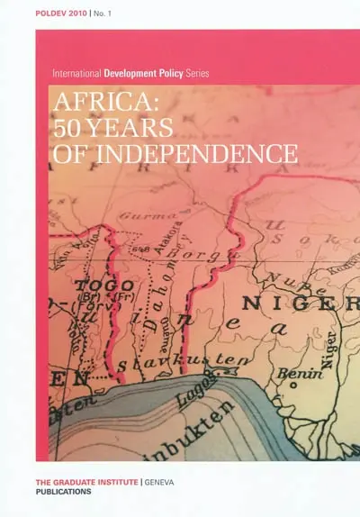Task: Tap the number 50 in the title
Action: (69, 128)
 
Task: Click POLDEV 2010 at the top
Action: (63, 14)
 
